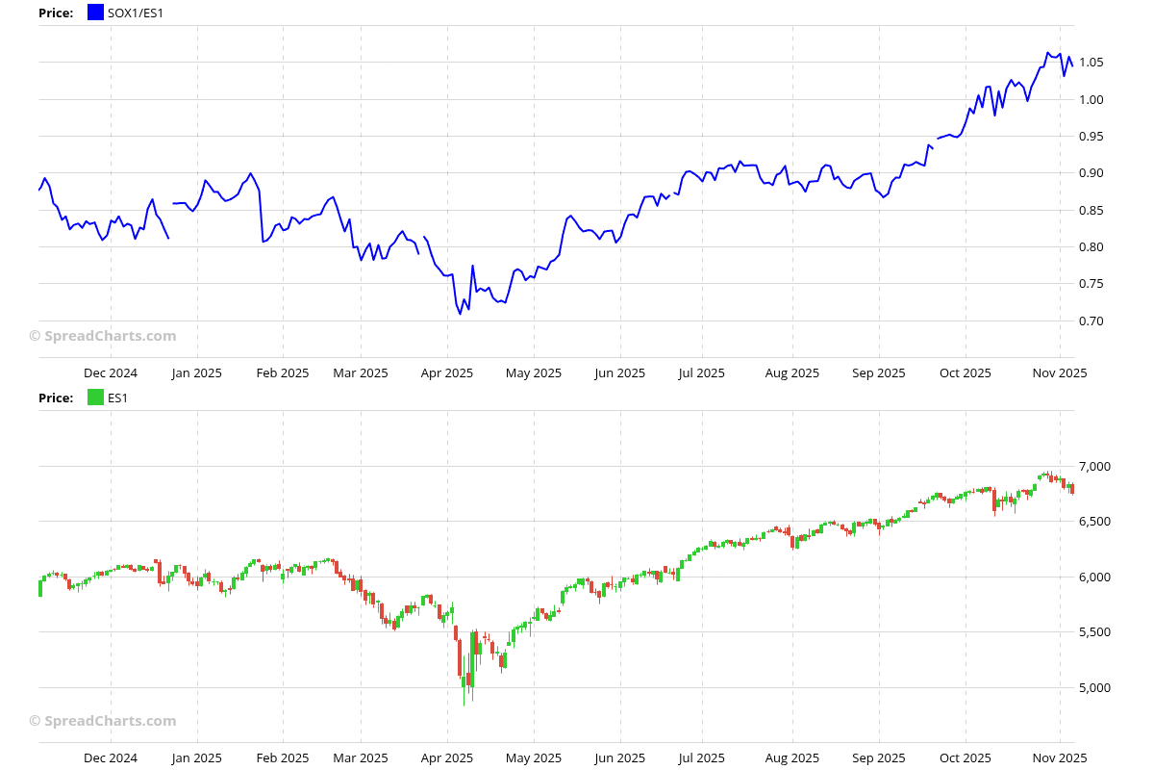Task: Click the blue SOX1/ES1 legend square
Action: [x=95, y=13]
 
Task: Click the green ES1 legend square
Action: [x=95, y=398]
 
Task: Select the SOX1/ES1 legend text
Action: [x=136, y=13]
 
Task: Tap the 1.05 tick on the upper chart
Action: [x=1091, y=63]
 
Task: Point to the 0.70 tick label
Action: [x=1091, y=321]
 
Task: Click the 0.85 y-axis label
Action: [x=1091, y=210]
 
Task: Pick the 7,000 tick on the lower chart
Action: [x=1095, y=467]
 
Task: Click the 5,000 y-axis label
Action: [x=1095, y=688]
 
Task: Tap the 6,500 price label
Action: [x=1095, y=522]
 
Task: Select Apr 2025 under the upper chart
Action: [x=447, y=373]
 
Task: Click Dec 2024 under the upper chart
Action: [x=111, y=373]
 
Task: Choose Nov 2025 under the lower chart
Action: [x=1060, y=758]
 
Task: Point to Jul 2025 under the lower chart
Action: [x=701, y=758]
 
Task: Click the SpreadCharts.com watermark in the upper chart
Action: [x=103, y=336]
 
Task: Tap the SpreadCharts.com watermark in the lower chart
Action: [x=103, y=721]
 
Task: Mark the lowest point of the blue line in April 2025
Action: [x=460, y=314]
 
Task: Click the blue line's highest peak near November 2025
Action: [x=1047, y=53]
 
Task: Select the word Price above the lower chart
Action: [x=56, y=398]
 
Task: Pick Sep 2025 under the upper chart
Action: [x=878, y=373]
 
